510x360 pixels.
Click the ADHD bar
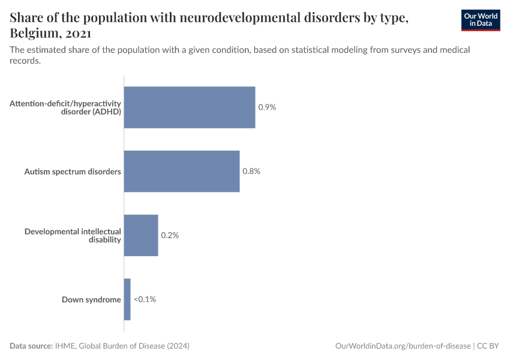pyautogui.click(x=190, y=107)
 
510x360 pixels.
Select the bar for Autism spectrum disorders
pyautogui.click(x=182, y=172)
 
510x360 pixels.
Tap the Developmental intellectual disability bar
pyautogui.click(x=141, y=235)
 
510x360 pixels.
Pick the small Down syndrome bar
pyautogui.click(x=127, y=299)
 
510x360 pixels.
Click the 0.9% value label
pyautogui.click(x=267, y=107)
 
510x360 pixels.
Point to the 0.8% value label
pyautogui.click(x=251, y=172)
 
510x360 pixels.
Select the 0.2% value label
pyautogui.click(x=170, y=235)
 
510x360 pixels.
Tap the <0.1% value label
pyautogui.click(x=145, y=299)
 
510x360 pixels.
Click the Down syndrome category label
pyautogui.click(x=91, y=299)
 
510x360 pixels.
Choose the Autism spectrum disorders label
pyautogui.click(x=73, y=172)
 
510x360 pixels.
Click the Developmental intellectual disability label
pyautogui.click(x=73, y=235)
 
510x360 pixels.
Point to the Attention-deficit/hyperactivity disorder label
pyautogui.click(x=66, y=107)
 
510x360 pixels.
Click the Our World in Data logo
pyautogui.click(x=481, y=20)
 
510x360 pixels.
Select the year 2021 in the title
pyautogui.click(x=79, y=33)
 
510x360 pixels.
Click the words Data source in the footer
pyautogui.click(x=31, y=346)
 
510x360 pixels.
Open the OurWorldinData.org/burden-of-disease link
pyautogui.click(x=403, y=346)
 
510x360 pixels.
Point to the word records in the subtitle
pyautogui.click(x=25, y=61)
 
